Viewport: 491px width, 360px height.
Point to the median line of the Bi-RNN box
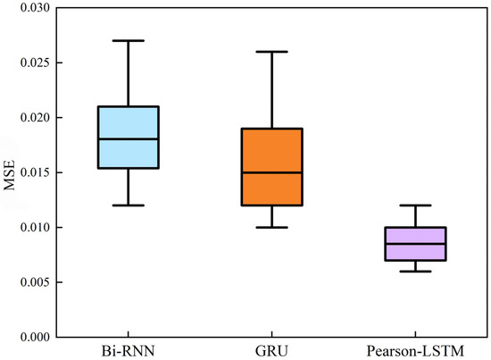[x=129, y=139]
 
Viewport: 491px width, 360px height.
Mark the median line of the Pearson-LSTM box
[x=416, y=244]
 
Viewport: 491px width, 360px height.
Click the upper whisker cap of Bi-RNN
[x=129, y=40]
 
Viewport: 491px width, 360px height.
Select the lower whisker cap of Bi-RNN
[x=129, y=205]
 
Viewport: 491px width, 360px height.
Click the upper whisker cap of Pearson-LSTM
[x=416, y=205]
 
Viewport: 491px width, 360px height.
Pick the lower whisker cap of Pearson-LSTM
[x=416, y=271]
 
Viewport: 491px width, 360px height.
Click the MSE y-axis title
[x=10, y=172]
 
